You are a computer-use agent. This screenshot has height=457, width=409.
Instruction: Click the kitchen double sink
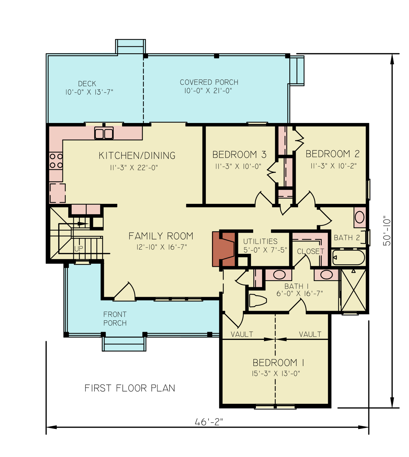(104, 134)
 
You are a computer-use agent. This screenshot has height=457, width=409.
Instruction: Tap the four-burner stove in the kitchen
(56, 161)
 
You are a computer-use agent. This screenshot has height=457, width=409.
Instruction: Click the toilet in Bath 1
(258, 300)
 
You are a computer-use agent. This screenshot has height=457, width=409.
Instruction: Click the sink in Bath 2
(359, 217)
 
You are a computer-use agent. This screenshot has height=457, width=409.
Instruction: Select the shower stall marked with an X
(354, 290)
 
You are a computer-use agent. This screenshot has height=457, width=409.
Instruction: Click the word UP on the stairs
(79, 248)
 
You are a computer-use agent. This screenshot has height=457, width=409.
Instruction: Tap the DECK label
(87, 84)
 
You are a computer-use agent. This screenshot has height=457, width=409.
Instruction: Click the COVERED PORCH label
(209, 82)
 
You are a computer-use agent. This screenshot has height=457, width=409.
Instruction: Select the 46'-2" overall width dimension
(209, 422)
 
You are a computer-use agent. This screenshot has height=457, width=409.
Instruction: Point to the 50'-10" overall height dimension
(387, 231)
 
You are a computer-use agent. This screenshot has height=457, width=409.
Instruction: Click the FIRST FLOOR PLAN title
(130, 388)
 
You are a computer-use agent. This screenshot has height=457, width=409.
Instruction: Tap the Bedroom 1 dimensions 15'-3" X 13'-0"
(275, 373)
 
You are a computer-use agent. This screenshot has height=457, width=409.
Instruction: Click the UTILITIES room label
(260, 241)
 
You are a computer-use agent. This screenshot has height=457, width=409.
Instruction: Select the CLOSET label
(310, 251)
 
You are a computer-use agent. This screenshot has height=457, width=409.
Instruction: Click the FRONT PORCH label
(115, 319)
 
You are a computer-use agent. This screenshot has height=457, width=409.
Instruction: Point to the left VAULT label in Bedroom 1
(242, 334)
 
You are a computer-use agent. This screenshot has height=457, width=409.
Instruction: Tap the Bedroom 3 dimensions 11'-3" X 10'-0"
(238, 166)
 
